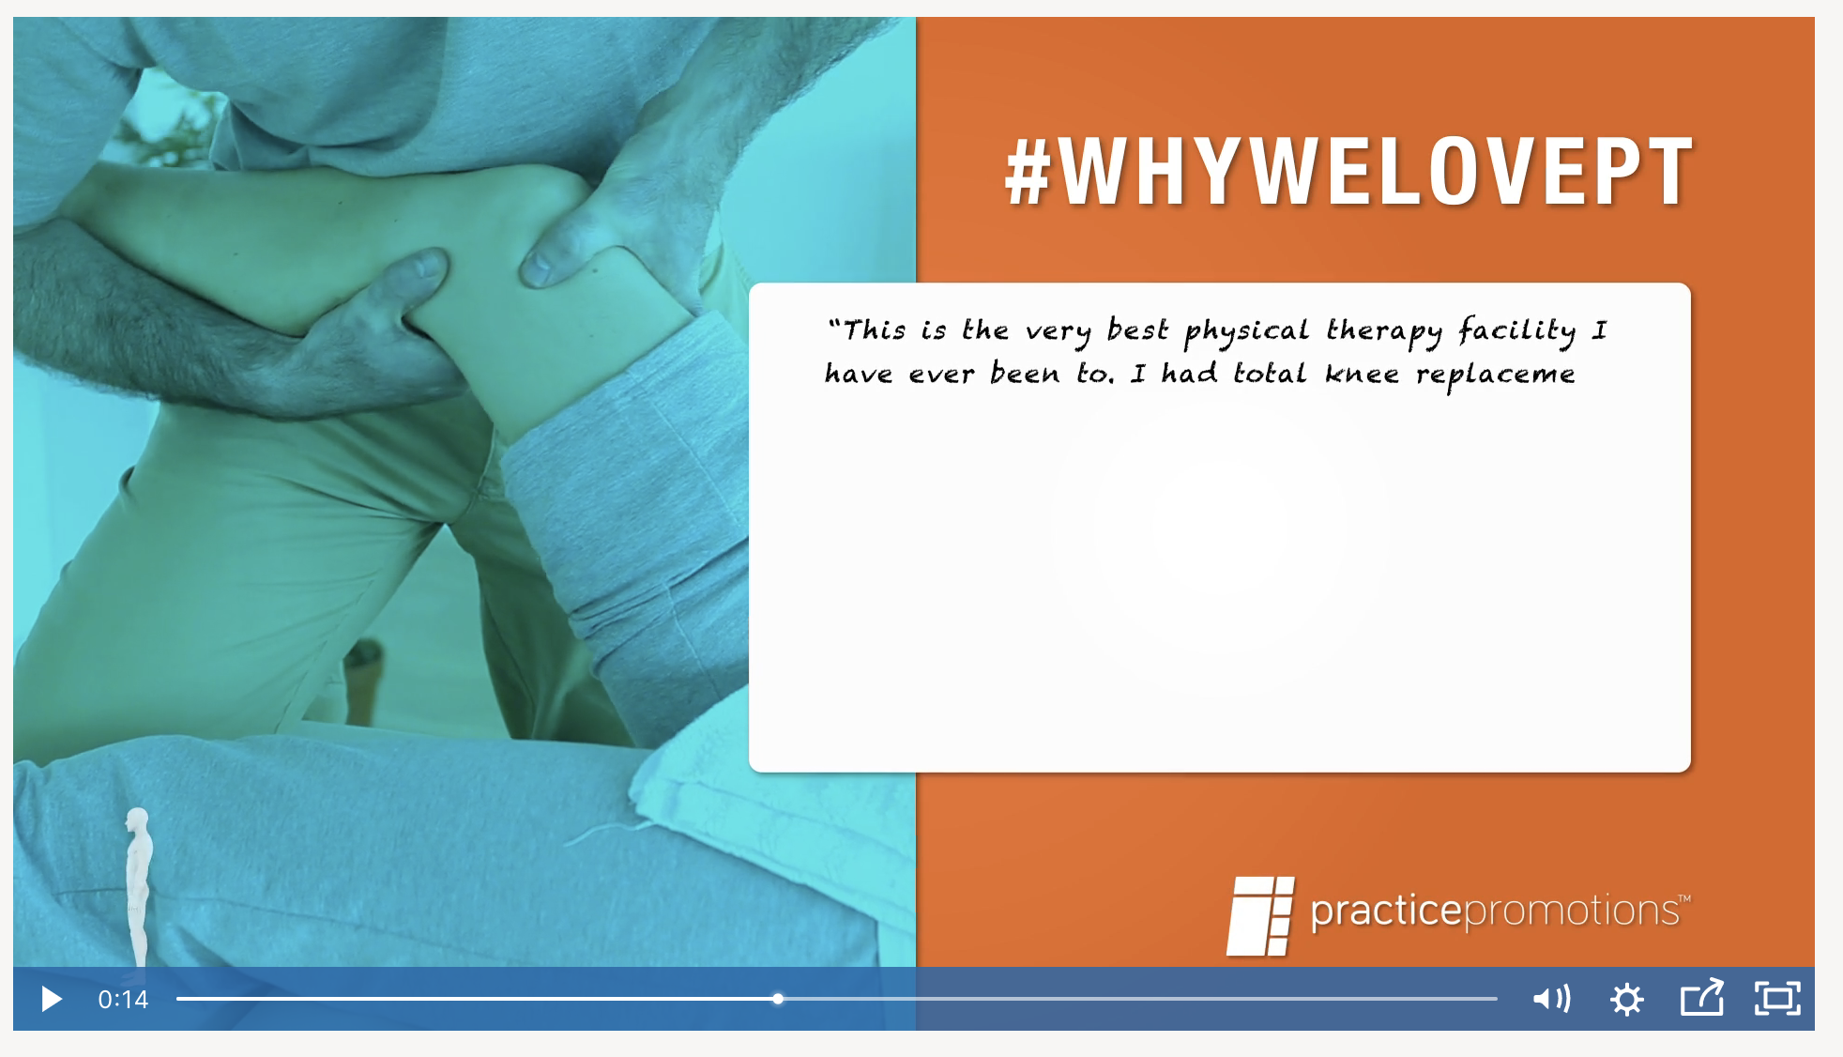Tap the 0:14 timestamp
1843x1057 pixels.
tap(123, 999)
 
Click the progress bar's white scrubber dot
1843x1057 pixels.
tap(778, 999)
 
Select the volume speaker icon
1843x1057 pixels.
tap(1552, 999)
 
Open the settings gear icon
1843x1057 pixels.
tap(1627, 999)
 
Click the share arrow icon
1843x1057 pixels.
tap(1701, 998)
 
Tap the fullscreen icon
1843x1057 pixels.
tap(1777, 999)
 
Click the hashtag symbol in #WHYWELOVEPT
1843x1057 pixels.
tap(1027, 172)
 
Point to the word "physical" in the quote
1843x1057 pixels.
tap(1246, 331)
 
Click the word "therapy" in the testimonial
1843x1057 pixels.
tap(1384, 331)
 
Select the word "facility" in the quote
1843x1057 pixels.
tap(1517, 331)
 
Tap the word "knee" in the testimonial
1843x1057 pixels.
tap(1362, 374)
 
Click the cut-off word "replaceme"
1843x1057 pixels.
tap(1496, 375)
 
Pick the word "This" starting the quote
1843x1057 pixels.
tap(874, 330)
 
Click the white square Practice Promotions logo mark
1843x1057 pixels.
tap(1260, 916)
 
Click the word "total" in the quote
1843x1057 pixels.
tap(1269, 374)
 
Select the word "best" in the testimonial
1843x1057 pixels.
tap(1137, 330)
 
